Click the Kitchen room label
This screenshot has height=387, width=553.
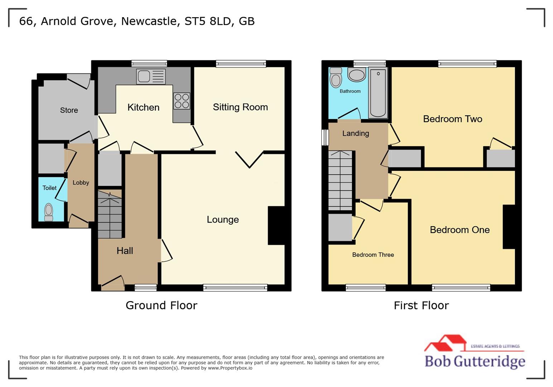(143, 107)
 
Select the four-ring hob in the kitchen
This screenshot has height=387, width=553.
(182, 101)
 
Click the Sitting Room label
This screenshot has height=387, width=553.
(240, 107)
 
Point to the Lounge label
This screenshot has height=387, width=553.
(222, 219)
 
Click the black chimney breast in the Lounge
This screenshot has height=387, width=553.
(276, 225)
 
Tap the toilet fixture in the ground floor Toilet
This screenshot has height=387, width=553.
(48, 212)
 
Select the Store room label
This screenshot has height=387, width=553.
(69, 110)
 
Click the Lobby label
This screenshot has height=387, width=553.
(81, 182)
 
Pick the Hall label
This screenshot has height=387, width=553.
(125, 250)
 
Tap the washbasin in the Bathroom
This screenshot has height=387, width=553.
(356, 75)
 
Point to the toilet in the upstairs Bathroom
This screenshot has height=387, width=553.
(336, 78)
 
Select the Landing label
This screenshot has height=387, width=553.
(355, 133)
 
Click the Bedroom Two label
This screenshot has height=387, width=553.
(452, 119)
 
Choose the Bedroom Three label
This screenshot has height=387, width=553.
(373, 255)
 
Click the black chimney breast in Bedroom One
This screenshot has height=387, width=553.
(509, 226)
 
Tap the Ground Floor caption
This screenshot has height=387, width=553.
(161, 305)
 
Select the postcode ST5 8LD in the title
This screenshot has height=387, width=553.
(208, 21)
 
